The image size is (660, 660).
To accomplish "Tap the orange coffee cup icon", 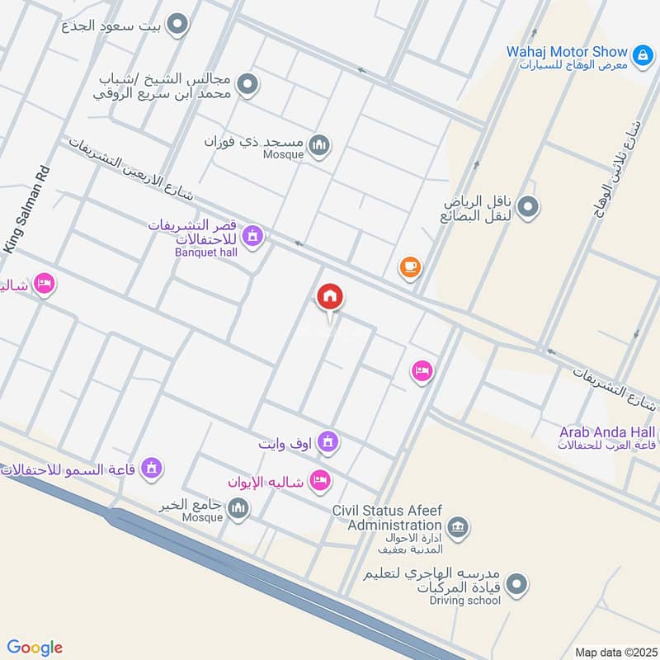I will coord(410,266).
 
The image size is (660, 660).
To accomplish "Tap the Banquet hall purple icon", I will coord(254,237).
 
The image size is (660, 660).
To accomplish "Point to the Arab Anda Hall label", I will coord(609,432).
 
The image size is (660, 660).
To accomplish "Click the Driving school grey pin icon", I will coord(517,584).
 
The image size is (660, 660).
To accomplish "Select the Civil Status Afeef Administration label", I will coord(387,518).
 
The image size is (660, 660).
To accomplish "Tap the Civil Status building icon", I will coord(457,526).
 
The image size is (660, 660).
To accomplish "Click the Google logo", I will coord(35,648).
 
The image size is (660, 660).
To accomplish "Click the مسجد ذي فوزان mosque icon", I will coord(318,146).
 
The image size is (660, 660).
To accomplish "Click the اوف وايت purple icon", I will coord(328,443).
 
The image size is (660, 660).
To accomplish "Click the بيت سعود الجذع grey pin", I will coord(177,26).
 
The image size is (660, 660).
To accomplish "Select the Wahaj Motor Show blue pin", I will coord(641,52).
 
